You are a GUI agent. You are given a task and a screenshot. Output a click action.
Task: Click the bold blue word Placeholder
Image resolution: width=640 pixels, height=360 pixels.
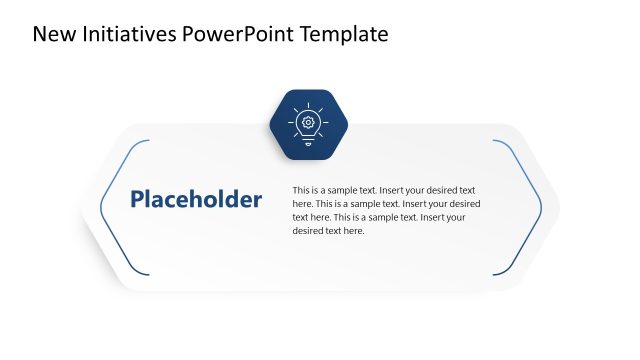(196, 200)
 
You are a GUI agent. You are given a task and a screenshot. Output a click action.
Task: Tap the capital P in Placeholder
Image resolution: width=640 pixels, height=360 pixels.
(138, 200)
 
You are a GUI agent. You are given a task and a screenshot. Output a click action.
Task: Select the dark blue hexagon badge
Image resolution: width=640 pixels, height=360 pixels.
(308, 124)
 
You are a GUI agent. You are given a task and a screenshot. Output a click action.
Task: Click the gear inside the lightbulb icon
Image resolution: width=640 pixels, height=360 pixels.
(308, 122)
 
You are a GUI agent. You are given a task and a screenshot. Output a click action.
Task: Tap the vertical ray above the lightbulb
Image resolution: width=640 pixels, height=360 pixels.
(308, 104)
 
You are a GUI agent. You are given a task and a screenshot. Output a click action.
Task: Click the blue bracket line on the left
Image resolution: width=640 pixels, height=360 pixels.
(102, 208)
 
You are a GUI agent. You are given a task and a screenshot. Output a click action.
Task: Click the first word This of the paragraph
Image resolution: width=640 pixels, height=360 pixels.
(301, 190)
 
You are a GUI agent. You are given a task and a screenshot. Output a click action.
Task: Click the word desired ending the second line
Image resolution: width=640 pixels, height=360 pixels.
(461, 203)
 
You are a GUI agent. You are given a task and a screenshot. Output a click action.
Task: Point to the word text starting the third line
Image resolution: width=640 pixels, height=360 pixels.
(300, 217)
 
